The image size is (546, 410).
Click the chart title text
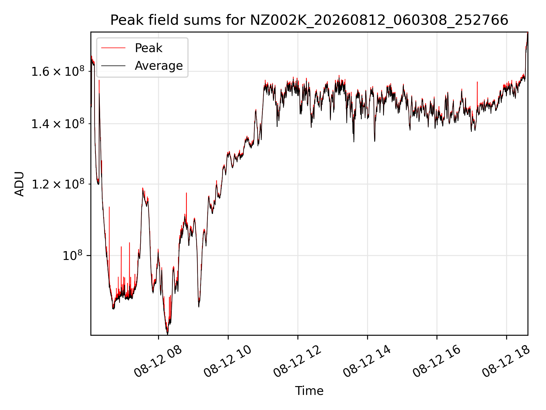(x=309, y=20)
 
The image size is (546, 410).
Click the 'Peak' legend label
(x=148, y=48)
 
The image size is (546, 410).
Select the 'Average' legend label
(x=159, y=66)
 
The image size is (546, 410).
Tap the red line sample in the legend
(x=113, y=48)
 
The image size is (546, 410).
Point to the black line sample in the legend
(x=113, y=66)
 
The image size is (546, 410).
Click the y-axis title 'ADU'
(x=19, y=184)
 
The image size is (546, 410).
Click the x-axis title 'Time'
(x=309, y=391)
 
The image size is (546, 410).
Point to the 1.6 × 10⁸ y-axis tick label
(x=58, y=71)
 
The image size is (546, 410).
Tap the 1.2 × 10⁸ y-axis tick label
(x=58, y=184)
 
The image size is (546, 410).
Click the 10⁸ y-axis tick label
(x=73, y=255)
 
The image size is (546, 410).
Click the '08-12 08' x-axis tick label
(x=158, y=361)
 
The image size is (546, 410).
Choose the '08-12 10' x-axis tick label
(x=228, y=361)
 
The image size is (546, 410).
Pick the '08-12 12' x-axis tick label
(x=297, y=361)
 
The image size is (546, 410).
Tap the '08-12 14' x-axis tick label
(x=367, y=361)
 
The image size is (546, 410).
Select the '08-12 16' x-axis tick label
(x=437, y=361)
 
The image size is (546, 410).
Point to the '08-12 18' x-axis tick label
(x=506, y=361)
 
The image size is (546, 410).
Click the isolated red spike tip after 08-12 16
(x=477, y=82)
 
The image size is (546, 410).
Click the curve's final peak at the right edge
(x=528, y=32)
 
